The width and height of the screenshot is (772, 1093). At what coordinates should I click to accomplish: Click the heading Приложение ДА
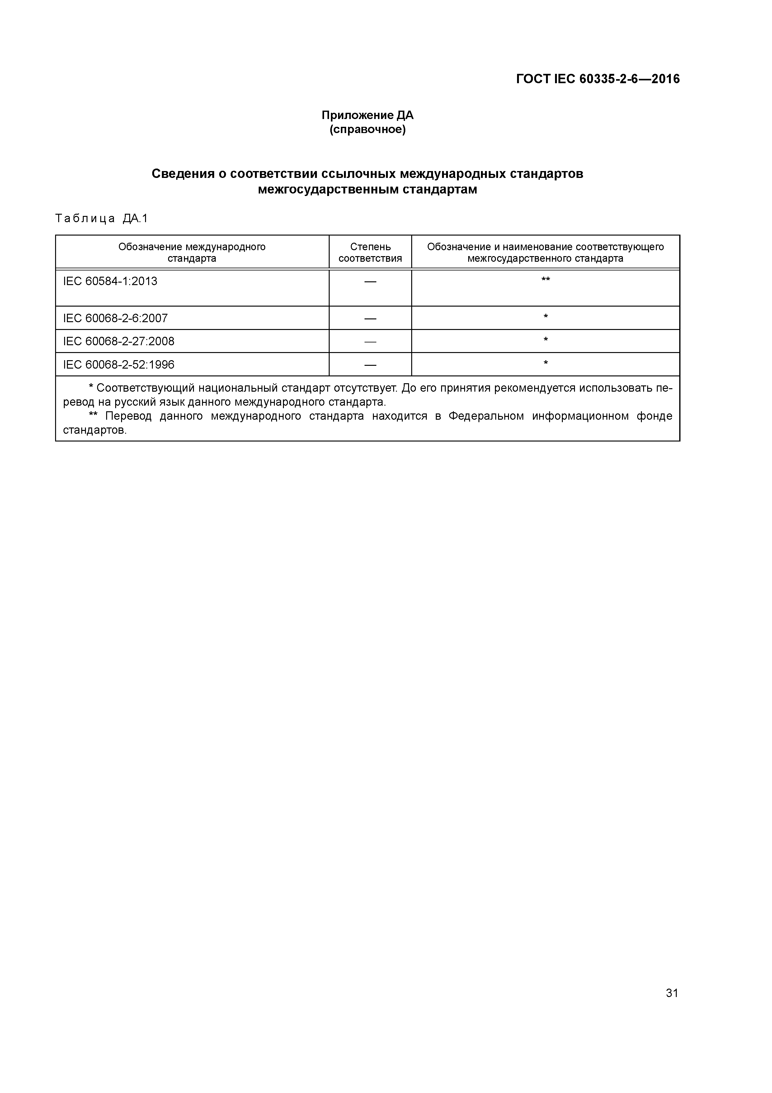(x=367, y=115)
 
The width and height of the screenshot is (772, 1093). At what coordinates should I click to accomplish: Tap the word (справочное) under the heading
(x=367, y=130)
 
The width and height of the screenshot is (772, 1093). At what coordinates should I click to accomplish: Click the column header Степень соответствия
(x=370, y=252)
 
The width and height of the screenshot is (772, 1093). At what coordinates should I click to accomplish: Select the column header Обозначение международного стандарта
(x=192, y=252)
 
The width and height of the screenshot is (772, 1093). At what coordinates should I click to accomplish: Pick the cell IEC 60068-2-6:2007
(x=115, y=318)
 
